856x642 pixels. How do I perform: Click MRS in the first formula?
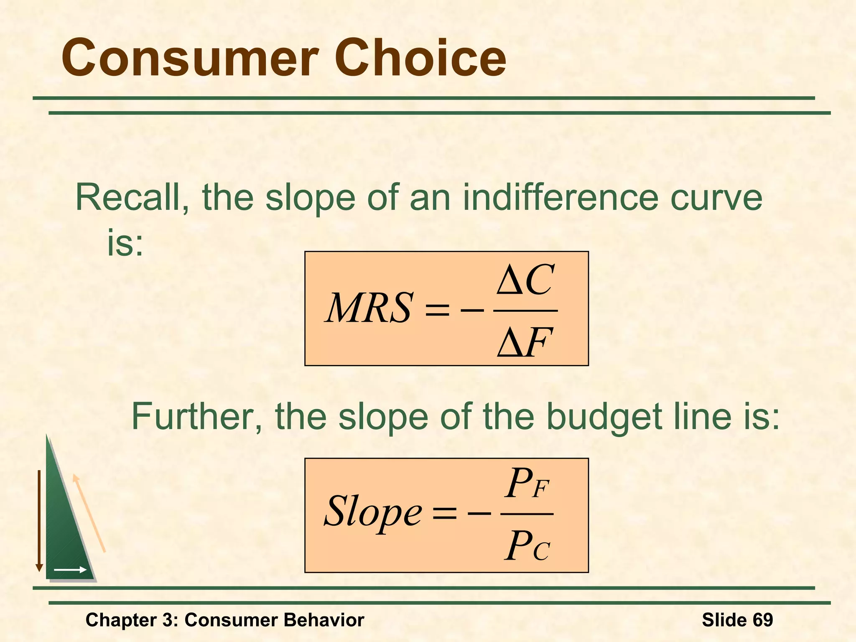tap(369, 308)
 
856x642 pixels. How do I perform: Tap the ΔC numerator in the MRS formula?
tap(526, 280)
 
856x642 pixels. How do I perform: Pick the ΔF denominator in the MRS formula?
tap(525, 342)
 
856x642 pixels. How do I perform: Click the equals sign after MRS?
tap(436, 310)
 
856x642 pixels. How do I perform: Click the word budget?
tap(603, 418)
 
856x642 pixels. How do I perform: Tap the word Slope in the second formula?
tap(373, 512)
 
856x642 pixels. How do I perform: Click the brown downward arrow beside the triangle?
tap(39, 520)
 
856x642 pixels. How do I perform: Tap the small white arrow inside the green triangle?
tap(70, 569)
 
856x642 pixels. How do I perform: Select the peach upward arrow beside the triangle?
tap(89, 513)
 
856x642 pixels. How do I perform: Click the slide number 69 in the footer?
tap(762, 620)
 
